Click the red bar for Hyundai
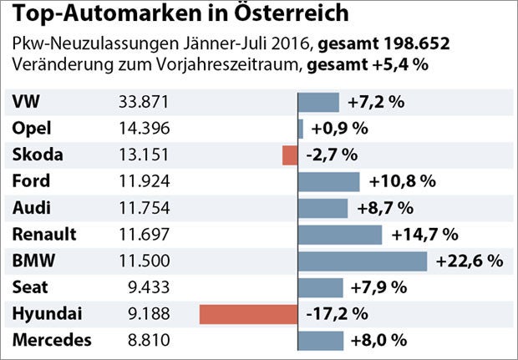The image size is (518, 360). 248,314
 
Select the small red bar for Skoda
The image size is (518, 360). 290,155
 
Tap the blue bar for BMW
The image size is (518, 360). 363,261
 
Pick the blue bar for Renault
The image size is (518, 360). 340,235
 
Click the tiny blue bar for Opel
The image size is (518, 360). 301,129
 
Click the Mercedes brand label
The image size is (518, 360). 52,341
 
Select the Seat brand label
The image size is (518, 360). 30,287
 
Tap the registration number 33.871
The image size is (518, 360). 145,102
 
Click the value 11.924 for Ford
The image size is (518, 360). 145,181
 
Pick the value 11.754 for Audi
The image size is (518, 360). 145,208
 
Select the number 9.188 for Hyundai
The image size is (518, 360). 150,314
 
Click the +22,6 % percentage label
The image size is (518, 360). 469,261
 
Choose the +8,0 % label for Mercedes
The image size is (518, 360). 378,341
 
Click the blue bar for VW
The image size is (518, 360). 319,102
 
